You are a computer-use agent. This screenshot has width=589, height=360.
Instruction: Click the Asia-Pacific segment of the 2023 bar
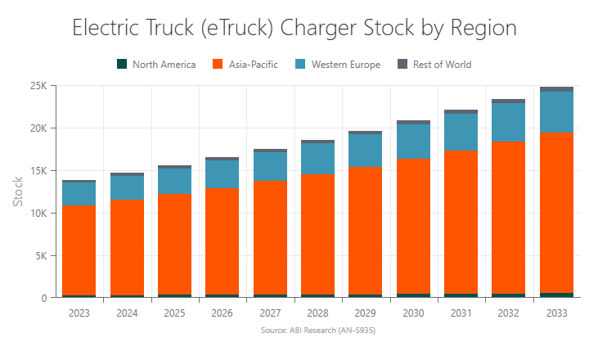[79, 250]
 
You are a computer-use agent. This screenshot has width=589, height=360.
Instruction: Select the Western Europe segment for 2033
[556, 111]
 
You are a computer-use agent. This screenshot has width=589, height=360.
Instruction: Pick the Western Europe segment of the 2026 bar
[222, 173]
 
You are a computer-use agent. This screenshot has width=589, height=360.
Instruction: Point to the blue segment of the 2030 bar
[414, 141]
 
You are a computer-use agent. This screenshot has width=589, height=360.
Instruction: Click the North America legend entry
[156, 64]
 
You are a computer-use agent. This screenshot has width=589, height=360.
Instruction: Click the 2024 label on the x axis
[127, 313]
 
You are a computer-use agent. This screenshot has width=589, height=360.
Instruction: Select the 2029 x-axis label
[366, 313]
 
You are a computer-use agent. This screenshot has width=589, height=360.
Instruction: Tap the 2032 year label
[509, 313]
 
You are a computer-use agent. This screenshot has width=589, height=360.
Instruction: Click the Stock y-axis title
[18, 191]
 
